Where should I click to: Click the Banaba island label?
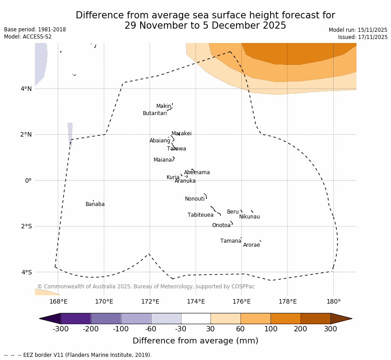tap(95, 204)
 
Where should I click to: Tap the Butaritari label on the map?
tap(155, 113)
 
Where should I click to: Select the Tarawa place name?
tap(176, 149)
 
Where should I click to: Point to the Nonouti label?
tap(195, 199)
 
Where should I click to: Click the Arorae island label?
tap(251, 245)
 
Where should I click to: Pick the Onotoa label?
tap(221, 225)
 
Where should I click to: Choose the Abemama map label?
tap(197, 172)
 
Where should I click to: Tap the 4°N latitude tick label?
tap(26, 89)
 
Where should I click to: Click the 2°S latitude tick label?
tap(26, 226)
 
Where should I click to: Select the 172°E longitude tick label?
tap(150, 301)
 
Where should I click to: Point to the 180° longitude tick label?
tap(333, 301)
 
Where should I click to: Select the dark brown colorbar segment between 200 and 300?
tap(315, 318)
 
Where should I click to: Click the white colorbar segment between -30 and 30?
tap(195, 318)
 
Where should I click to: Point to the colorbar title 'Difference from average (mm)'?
tap(195, 341)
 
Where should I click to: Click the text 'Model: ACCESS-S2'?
tap(28, 37)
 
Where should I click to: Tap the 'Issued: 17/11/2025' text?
tap(363, 37)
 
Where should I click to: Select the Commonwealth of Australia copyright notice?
tap(146, 287)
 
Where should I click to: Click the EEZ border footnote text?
tap(78, 355)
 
